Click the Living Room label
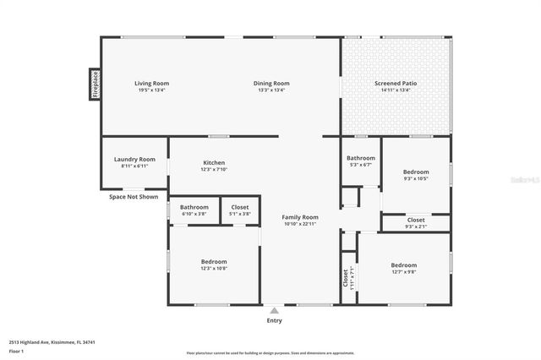pos(152,83)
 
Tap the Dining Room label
pos(273,83)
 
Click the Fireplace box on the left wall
pos(96,85)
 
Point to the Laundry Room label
pos(135,159)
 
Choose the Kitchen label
pos(214,162)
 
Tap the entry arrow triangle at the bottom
pos(274,310)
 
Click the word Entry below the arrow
pos(274,320)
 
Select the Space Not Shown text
pos(134,197)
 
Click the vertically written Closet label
pos(345,277)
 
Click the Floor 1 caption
pos(16,350)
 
